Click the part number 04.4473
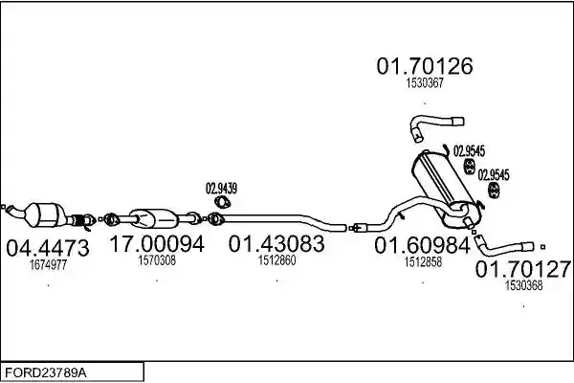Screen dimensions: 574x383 pos(48,248)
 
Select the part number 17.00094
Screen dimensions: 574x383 pos(157,244)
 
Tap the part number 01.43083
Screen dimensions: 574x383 pos(276,244)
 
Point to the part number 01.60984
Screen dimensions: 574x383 pos(422,245)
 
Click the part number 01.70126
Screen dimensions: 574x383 pos(425,66)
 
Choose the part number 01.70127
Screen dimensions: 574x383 pos(523,269)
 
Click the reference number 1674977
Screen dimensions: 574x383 pos(48,264)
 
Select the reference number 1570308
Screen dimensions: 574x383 pos(157,260)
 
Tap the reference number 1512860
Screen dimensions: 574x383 pos(276,260)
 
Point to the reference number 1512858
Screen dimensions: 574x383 pos(423,261)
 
